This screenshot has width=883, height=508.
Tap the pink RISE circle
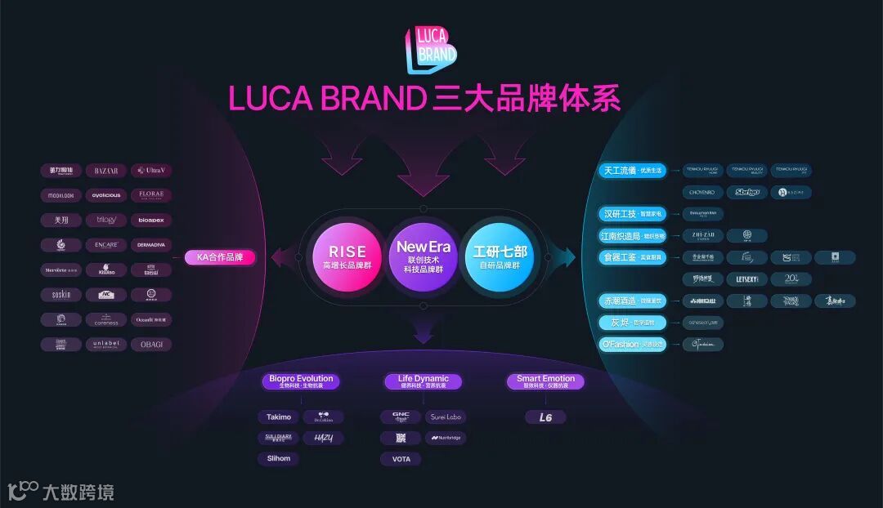click(x=347, y=256)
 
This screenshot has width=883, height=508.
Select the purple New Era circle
click(x=424, y=256)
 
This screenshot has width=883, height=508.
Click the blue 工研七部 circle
click(x=500, y=256)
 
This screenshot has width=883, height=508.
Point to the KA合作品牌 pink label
click(x=220, y=257)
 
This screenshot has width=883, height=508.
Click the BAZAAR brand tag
click(x=106, y=171)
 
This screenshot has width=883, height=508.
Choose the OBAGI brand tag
click(x=151, y=345)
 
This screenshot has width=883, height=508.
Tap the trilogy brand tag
click(x=106, y=221)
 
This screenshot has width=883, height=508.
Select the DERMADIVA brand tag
click(x=151, y=245)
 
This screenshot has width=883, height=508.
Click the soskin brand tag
click(x=61, y=295)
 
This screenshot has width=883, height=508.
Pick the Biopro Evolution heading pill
click(x=302, y=381)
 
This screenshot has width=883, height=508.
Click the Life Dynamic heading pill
click(x=424, y=381)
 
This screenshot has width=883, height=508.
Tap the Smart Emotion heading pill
click(x=545, y=381)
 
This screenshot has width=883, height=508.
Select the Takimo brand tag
click(x=278, y=417)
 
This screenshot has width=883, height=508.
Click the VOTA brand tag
click(x=401, y=459)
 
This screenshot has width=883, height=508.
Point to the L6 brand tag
click(x=545, y=417)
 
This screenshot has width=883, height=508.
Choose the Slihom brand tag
click(x=278, y=459)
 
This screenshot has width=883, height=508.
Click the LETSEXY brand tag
click(x=746, y=279)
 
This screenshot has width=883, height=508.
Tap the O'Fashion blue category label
click(x=633, y=345)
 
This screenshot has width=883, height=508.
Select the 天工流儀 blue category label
click(x=631, y=171)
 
